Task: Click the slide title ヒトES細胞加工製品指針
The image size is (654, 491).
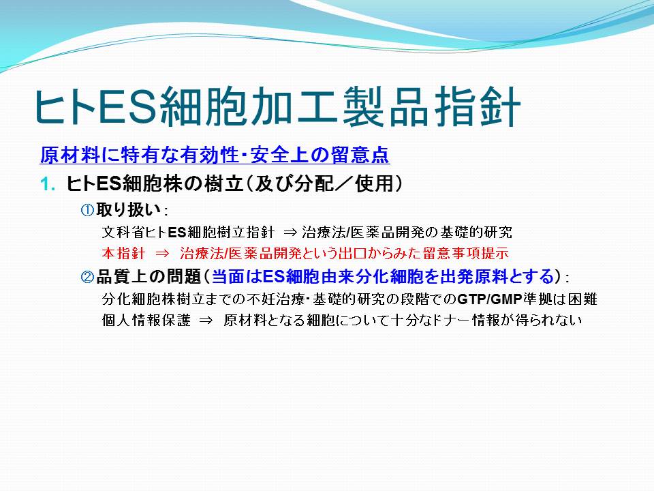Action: click(x=277, y=107)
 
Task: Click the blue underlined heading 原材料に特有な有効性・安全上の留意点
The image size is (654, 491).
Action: click(x=215, y=155)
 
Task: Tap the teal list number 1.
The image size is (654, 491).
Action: click(x=48, y=184)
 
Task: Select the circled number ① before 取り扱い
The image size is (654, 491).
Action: click(x=87, y=210)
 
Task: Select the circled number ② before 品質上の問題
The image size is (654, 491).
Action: click(x=87, y=276)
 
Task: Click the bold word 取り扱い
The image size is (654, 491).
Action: click(x=129, y=209)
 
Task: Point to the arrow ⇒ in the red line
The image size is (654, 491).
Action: click(x=162, y=254)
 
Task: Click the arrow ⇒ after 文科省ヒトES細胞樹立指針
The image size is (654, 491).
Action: click(x=290, y=232)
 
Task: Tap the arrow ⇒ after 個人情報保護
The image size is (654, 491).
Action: click(x=206, y=321)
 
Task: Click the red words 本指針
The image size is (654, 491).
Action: click(x=123, y=253)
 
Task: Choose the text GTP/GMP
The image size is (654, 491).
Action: click(x=490, y=299)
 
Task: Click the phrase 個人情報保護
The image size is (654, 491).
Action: click(x=146, y=321)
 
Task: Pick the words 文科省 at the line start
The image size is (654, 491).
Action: click(x=123, y=232)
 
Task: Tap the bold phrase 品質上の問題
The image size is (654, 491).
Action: click(x=149, y=276)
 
